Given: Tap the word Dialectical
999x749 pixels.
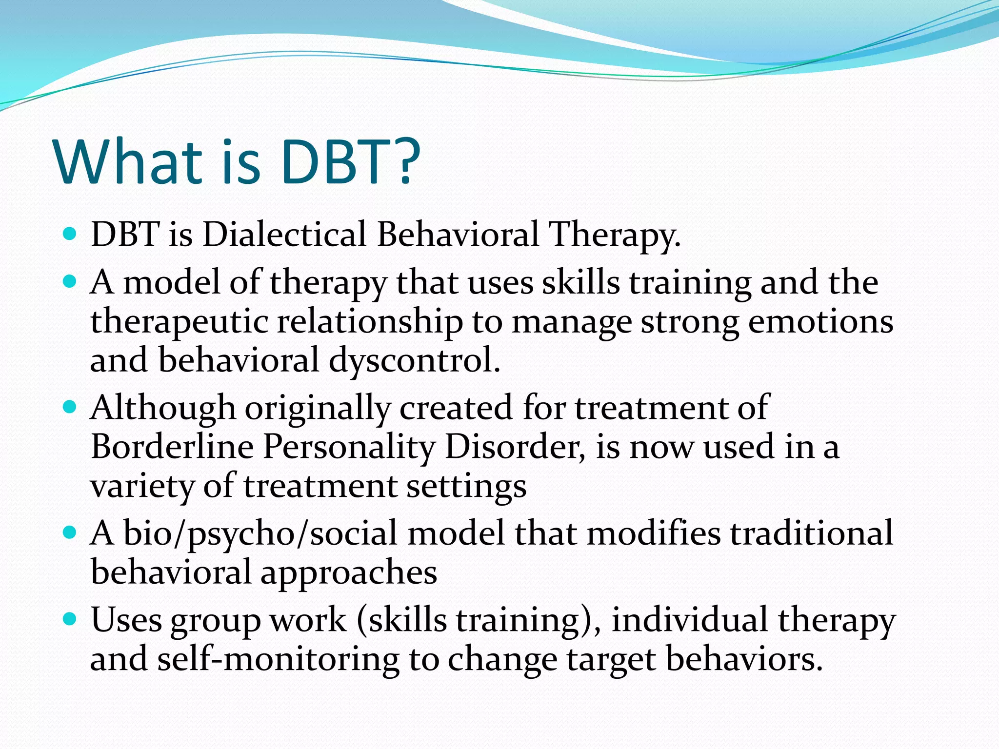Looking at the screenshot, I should coord(284,234).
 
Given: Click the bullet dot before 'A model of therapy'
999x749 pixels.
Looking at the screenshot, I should coord(70,281).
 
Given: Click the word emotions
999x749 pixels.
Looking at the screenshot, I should coord(820,322).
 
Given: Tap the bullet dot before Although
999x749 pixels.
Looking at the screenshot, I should coord(70,406).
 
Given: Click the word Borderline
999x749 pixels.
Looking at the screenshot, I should coord(172,447).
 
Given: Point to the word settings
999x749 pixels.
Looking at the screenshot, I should coord(466,487).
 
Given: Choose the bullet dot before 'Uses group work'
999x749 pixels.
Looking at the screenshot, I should coord(70,619).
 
